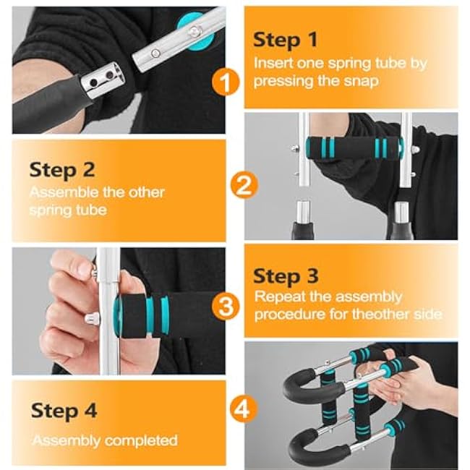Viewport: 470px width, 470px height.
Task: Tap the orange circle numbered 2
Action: point(244,187)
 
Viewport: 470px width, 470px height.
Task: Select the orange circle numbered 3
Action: point(226,306)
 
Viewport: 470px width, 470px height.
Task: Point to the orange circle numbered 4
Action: point(244,411)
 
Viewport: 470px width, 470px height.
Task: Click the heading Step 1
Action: point(285,40)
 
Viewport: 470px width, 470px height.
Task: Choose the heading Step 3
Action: point(285,275)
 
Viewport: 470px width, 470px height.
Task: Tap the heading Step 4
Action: point(64,410)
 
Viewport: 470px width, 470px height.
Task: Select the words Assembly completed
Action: point(104,440)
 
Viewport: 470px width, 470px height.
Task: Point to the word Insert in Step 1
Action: point(272,63)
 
